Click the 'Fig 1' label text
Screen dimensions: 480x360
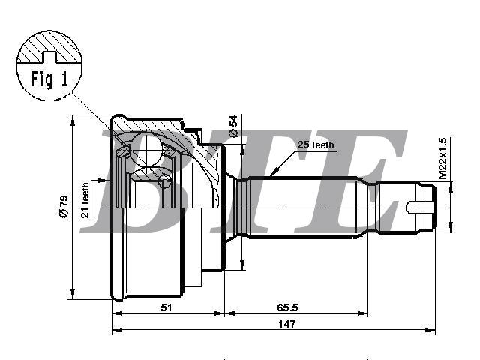tap(49, 79)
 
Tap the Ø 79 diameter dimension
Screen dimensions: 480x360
tap(64, 207)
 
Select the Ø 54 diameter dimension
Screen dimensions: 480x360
tap(233, 126)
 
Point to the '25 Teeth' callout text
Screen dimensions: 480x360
tap(316, 145)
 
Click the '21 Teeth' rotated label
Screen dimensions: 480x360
tap(85, 200)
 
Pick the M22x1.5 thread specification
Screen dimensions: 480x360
tap(442, 158)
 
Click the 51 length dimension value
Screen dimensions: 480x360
tap(166, 307)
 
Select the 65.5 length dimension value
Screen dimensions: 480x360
tap(287, 307)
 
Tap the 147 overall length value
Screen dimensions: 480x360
tap(286, 324)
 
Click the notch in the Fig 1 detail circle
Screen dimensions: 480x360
tap(49, 57)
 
